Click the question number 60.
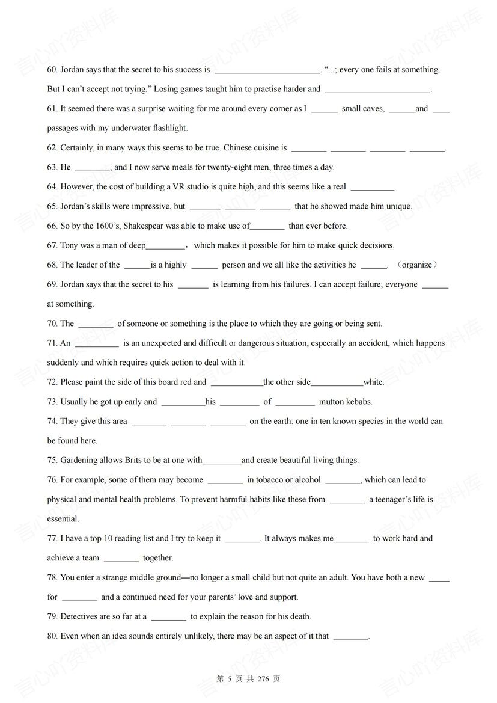pos(52,70)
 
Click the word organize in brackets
pos(417,265)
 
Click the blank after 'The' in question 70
pos(96,324)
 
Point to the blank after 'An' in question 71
pos(97,343)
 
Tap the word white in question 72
pos(373,382)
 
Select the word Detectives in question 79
pos(80,616)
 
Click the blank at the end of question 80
pos(350,637)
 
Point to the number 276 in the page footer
pos(263,679)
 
